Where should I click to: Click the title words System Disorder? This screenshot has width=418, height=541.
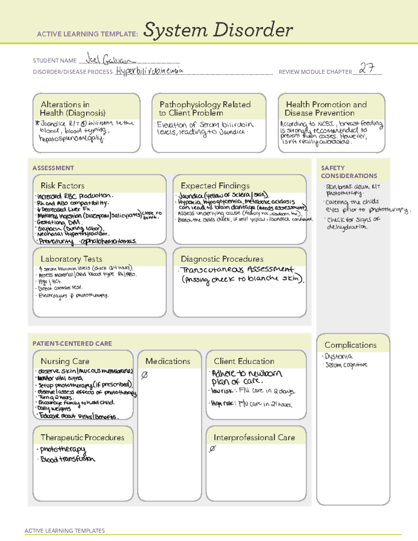(x=218, y=30)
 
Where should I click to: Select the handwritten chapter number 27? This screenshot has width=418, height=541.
(x=367, y=68)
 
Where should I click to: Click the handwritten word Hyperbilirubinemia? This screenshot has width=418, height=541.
(x=149, y=71)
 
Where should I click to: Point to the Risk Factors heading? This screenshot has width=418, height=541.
(x=62, y=186)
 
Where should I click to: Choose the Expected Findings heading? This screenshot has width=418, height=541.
(x=215, y=186)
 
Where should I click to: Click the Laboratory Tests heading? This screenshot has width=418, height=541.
(x=71, y=259)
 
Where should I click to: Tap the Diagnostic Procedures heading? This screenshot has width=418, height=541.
(x=222, y=259)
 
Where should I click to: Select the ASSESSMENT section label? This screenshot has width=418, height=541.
(x=53, y=168)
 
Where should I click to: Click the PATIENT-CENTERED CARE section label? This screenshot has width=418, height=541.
(x=72, y=343)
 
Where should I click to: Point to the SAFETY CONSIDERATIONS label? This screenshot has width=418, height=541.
(x=349, y=172)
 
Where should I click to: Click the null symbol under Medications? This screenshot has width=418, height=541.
(x=144, y=375)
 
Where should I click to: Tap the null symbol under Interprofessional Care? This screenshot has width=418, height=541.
(x=212, y=449)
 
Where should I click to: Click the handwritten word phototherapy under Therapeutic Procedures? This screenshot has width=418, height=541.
(x=63, y=449)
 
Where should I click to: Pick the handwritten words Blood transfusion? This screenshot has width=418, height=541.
(x=68, y=459)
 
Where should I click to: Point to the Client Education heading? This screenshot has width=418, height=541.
(x=244, y=361)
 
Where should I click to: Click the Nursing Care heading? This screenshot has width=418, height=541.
(x=65, y=361)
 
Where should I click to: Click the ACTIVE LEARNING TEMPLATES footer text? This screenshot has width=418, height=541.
(x=65, y=531)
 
